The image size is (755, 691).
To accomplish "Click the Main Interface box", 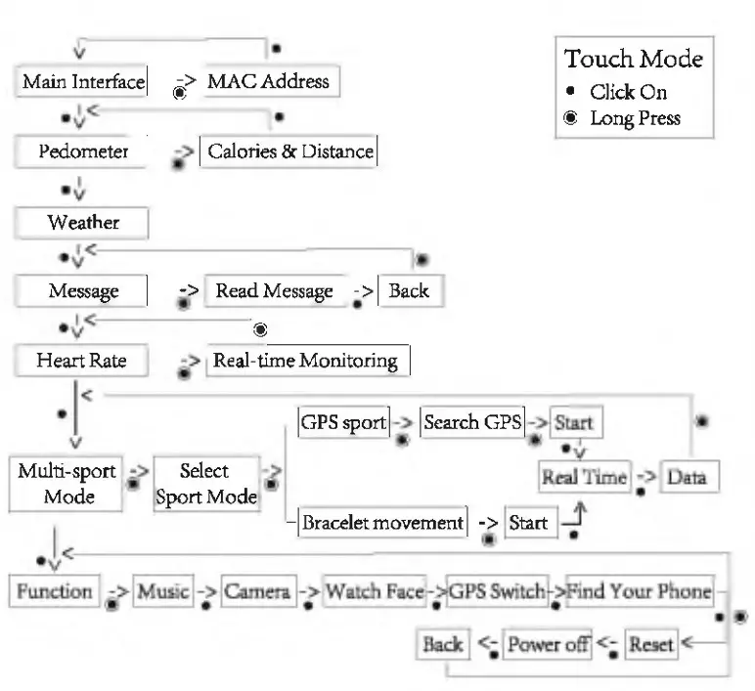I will click(83, 80).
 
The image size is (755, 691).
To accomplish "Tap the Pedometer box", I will click(83, 151).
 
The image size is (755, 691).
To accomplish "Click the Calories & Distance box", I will click(289, 151).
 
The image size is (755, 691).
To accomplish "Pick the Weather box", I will click(83, 222).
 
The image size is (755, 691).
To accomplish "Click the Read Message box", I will click(275, 291).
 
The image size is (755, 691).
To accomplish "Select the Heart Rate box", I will click(83, 361).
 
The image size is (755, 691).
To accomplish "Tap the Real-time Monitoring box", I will click(306, 361).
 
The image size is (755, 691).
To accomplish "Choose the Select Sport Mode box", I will click(206, 483).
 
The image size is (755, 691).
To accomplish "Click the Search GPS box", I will click(472, 424).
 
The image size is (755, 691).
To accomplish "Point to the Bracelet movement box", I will click(382, 522).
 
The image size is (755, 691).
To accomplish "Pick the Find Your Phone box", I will click(639, 591).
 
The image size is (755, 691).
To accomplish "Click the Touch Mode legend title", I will click(634, 59).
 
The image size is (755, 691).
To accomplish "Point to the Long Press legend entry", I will click(635, 118).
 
